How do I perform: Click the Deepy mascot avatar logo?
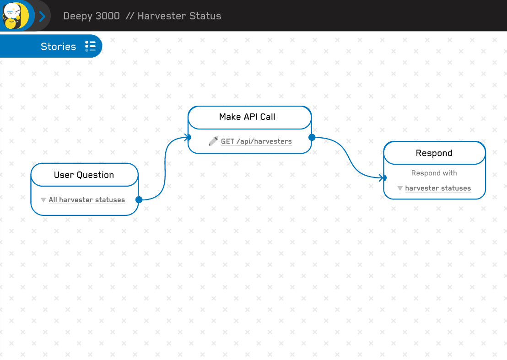click(16, 16)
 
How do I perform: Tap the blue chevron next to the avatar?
click(42, 16)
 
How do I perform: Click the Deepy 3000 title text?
click(92, 16)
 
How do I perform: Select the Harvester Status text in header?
click(179, 16)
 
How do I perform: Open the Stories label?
click(58, 46)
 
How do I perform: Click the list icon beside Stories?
click(90, 46)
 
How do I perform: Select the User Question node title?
click(84, 175)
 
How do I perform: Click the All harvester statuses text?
click(87, 200)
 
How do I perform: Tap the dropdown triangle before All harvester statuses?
click(43, 200)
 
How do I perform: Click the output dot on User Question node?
click(139, 199)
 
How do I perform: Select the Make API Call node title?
click(247, 117)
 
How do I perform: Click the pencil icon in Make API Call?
click(213, 141)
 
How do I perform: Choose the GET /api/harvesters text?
click(256, 141)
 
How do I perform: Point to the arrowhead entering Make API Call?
click(188, 137)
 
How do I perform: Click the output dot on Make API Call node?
click(312, 137)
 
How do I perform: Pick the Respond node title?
click(434, 153)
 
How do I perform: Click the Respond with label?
click(434, 173)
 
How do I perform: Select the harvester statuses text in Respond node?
click(438, 188)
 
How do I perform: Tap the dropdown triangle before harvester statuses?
click(400, 188)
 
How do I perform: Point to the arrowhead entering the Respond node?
click(383, 178)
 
